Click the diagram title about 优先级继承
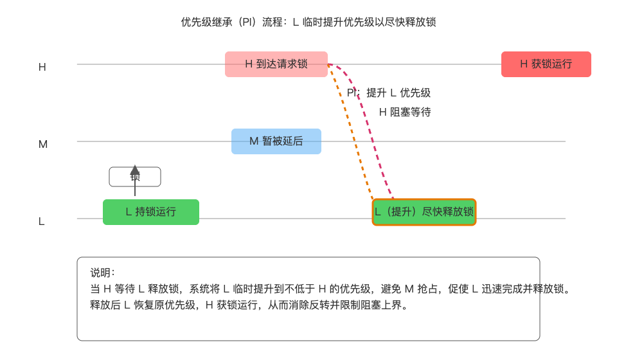[308, 22]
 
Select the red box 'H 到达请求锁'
[276, 64]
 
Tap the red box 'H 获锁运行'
[546, 64]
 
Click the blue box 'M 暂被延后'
[276, 141]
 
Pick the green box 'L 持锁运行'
[151, 212]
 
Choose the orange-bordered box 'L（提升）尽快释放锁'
[424, 212]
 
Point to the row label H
[42, 67]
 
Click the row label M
[43, 144]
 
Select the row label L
[42, 221]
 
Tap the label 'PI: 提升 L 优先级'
[389, 93]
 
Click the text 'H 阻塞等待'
[405, 113]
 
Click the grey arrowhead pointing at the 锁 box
[135, 170]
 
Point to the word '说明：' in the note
[103, 273]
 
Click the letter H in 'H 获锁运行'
[524, 64]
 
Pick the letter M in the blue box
[253, 141]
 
